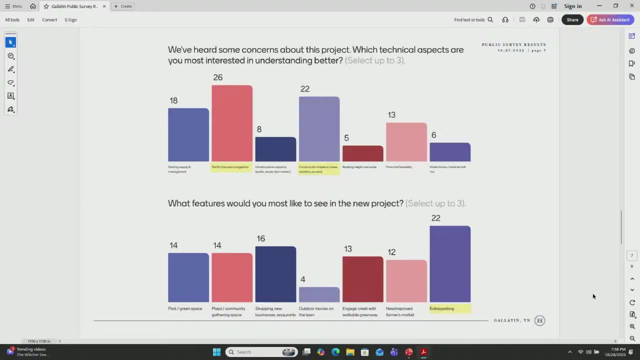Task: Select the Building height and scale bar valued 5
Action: point(362,153)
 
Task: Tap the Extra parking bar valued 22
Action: point(449,264)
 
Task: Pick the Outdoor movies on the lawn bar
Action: point(319,294)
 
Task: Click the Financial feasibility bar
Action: point(406,142)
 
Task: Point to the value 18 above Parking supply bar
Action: point(173,100)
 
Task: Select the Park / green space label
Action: point(185,308)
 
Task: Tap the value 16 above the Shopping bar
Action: point(260,238)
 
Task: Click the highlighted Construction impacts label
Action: point(318,169)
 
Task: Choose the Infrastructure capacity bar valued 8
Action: point(275,149)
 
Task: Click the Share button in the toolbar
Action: point(572,20)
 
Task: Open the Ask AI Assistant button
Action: point(610,20)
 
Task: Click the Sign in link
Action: point(572,6)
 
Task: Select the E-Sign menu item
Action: point(70,20)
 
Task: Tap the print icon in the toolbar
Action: point(550,20)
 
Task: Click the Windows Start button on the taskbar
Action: point(216,352)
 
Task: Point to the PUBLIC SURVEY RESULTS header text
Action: point(513,44)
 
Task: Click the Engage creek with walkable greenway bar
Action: point(362,279)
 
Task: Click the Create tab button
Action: point(123,6)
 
